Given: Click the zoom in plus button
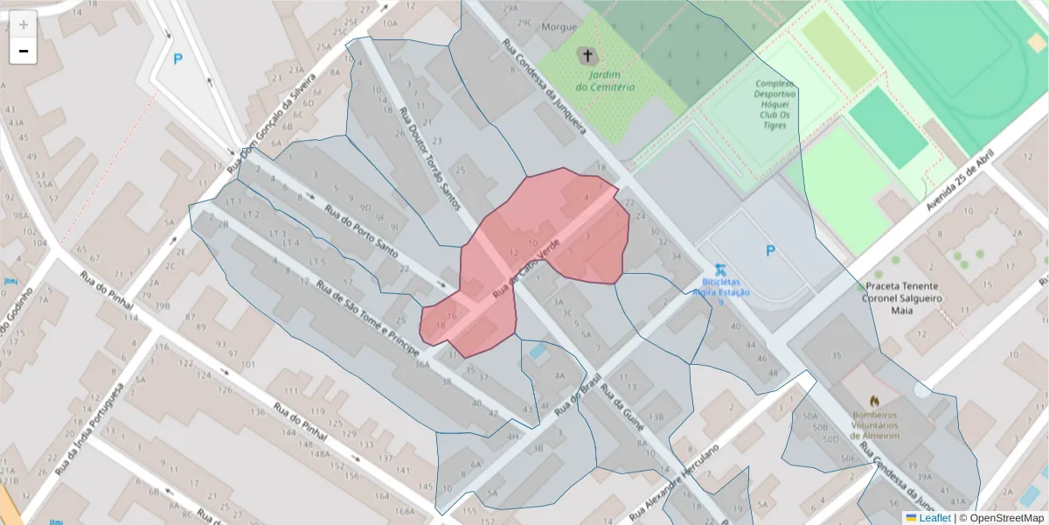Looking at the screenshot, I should (24, 24).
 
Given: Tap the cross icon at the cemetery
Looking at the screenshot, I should (587, 57).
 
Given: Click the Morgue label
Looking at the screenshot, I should (559, 27).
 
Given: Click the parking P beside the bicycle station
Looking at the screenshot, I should (770, 251).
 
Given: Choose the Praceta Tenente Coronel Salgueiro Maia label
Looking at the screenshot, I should (902, 297).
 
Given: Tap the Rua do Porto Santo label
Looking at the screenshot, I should (362, 231).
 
